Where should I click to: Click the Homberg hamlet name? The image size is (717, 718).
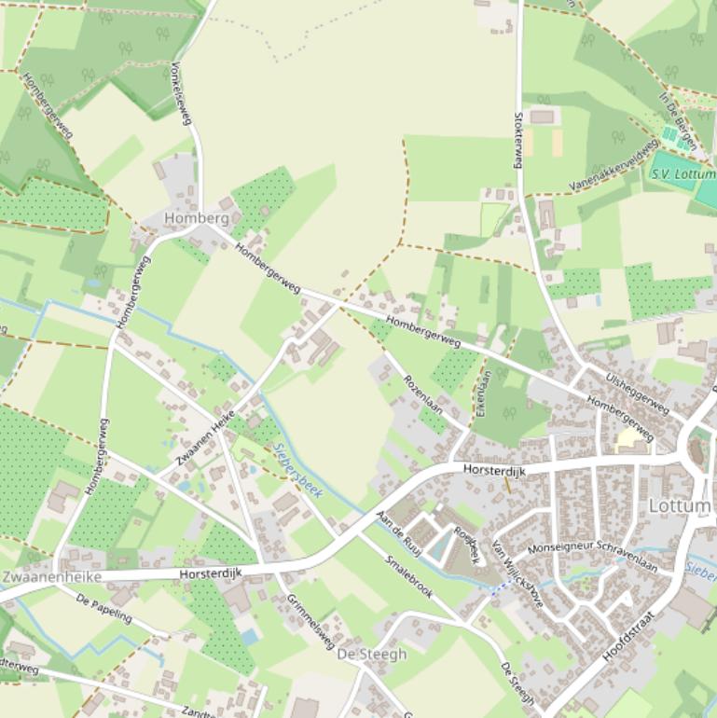click(x=195, y=218)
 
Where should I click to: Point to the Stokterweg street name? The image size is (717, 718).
click(x=518, y=141)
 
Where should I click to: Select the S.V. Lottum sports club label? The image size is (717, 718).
click(x=683, y=173)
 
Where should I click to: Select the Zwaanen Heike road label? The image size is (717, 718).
click(x=205, y=438)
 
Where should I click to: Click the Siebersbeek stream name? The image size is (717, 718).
click(x=298, y=469)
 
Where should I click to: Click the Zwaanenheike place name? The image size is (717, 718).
click(x=51, y=577)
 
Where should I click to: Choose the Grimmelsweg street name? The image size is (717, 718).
click(x=310, y=622)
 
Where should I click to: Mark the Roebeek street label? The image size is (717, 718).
click(x=466, y=545)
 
